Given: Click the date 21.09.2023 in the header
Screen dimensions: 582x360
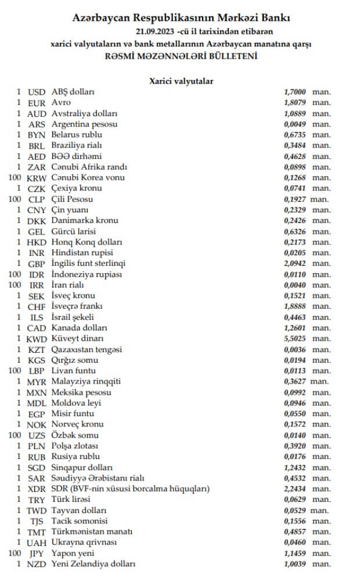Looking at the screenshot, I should [x=156, y=31].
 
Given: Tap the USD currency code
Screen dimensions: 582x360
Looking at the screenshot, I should [x=37, y=92].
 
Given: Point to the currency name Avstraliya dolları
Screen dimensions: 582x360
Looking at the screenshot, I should [x=85, y=114].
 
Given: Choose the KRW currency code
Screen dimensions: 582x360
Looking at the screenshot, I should [x=37, y=178].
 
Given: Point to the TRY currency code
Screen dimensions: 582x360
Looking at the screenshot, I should [x=37, y=500].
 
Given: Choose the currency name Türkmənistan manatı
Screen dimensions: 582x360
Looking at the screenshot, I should [x=92, y=532].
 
